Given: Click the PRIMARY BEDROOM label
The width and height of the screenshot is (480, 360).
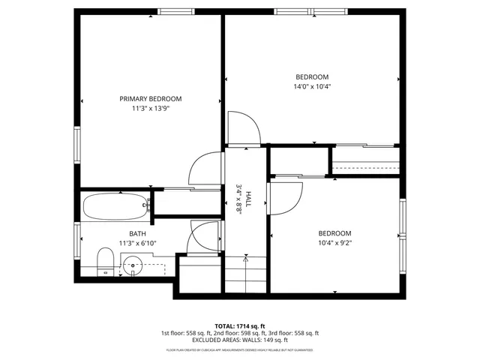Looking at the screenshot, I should (x=151, y=98).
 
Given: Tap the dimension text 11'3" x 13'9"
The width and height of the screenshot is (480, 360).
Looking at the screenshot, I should (x=151, y=109).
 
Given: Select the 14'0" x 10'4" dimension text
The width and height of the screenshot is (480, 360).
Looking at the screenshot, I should (x=312, y=86).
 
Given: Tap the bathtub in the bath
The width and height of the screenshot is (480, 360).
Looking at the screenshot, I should (x=115, y=206).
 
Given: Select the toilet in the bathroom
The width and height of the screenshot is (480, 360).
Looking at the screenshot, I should (x=106, y=262).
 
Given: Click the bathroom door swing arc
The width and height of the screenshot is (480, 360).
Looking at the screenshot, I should (x=205, y=235).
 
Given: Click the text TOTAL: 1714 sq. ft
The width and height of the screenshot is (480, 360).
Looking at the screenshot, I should (x=239, y=325).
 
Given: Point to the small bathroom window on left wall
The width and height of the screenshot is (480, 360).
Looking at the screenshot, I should (x=77, y=240).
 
